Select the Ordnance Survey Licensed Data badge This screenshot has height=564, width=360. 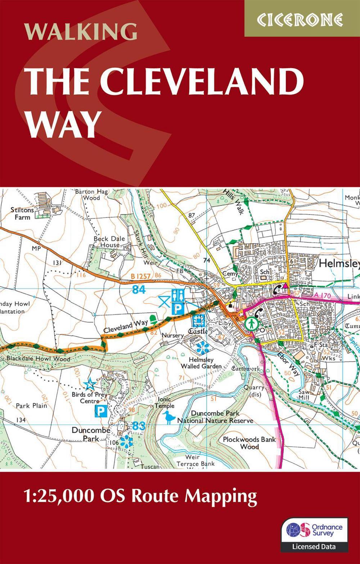(x=314, y=534)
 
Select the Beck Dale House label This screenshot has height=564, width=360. (x=109, y=242)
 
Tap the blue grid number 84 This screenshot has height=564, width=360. (x=139, y=289)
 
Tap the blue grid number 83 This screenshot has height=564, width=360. (x=138, y=426)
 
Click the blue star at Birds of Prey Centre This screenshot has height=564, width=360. (x=89, y=384)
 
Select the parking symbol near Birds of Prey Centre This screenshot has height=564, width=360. (x=101, y=411)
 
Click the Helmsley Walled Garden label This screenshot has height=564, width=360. (x=202, y=363)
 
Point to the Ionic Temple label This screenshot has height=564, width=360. (x=165, y=402)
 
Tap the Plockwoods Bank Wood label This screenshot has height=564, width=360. (x=249, y=443)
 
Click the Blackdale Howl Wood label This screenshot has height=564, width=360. (x=38, y=359)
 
